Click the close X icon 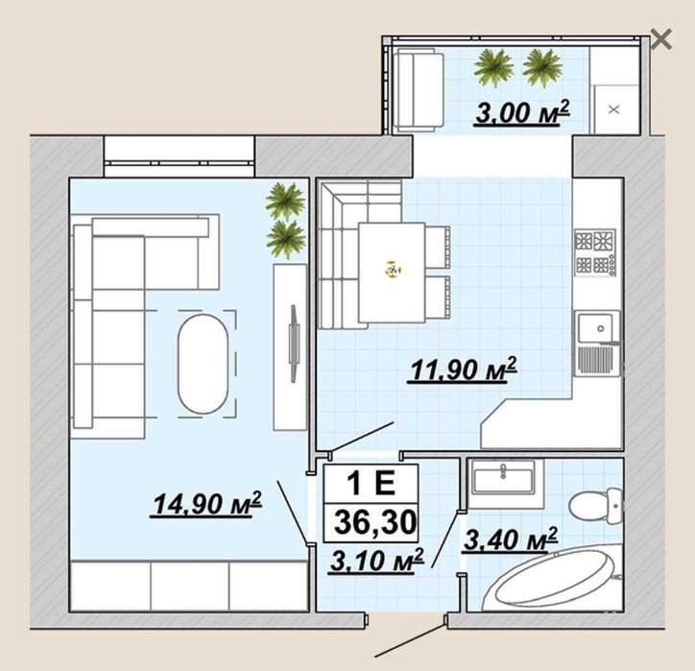coord(661,39)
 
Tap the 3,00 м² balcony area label coord(521,112)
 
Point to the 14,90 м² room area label coord(206,504)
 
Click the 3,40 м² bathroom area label coord(510,540)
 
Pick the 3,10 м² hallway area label coord(376,562)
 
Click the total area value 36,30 coord(375,522)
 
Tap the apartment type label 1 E coord(371,483)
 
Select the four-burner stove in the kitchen coord(595,252)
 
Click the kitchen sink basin coord(597,328)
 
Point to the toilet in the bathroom coord(596,504)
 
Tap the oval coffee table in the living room coord(203,364)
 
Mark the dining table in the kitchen coord(392,273)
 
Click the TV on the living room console coord(293,343)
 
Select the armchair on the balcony coord(419,90)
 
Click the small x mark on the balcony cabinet coord(614,109)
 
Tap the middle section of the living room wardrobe coord(190,586)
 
